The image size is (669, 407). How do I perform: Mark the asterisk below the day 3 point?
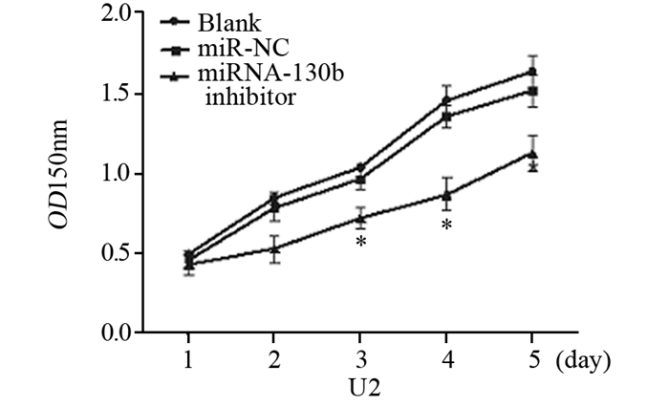click(361, 243)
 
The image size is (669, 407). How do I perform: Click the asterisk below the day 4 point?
click(446, 225)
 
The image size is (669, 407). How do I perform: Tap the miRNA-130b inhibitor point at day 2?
click(275, 248)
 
